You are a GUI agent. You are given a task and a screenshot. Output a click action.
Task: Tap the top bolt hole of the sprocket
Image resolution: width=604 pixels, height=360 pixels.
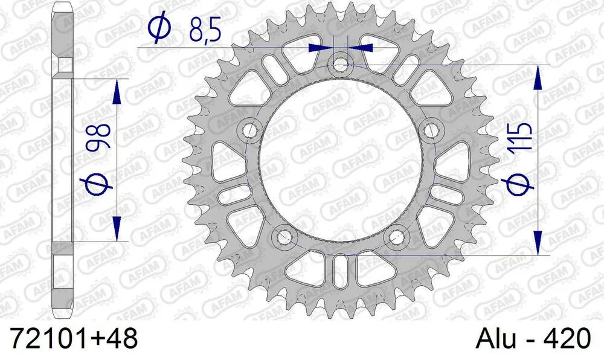[x=341, y=63]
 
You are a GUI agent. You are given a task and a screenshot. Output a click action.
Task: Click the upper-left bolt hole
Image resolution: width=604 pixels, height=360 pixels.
[x=249, y=129]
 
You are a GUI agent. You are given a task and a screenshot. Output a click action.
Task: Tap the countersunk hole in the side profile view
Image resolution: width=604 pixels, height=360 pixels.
[x=62, y=65]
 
